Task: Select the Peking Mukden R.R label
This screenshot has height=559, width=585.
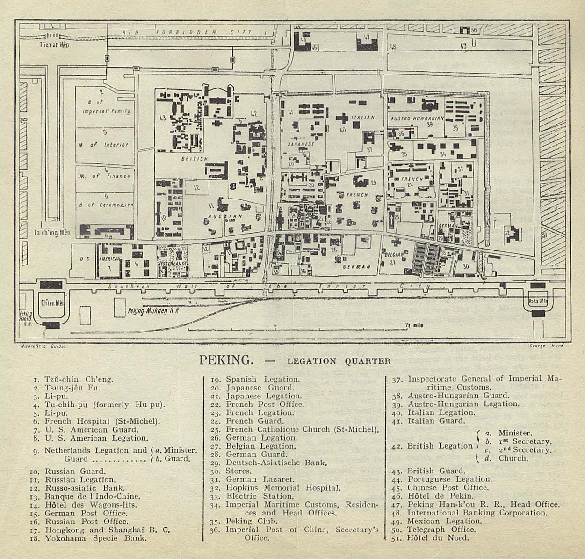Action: [153, 310]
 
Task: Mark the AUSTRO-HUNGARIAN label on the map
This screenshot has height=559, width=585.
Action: [417, 118]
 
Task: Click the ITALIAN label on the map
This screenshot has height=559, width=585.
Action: [363, 118]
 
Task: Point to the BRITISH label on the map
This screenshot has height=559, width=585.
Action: [194, 159]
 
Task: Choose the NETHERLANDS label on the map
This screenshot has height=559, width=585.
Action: [172, 264]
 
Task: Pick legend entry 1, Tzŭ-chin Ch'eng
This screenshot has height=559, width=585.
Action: [79, 379]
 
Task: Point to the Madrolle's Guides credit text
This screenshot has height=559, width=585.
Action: [43, 346]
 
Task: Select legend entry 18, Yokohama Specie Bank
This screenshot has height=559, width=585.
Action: [96, 538]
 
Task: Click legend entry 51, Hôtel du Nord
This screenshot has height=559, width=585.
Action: [438, 538]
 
